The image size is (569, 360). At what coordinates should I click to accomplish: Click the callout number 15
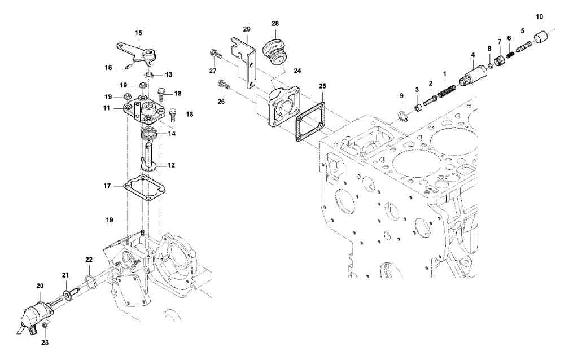click(x=138, y=33)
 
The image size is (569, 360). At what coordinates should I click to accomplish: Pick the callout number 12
click(x=172, y=165)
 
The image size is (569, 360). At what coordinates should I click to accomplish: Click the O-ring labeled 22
click(x=89, y=280)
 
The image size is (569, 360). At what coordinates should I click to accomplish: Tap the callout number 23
click(x=45, y=342)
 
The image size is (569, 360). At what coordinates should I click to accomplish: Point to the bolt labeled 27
click(x=215, y=54)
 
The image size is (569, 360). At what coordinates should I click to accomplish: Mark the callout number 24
click(x=297, y=72)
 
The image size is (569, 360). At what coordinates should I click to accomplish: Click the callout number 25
click(x=322, y=86)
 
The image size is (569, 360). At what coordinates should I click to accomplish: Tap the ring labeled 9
click(x=402, y=116)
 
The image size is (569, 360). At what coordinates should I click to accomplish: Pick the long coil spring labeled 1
click(x=447, y=89)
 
